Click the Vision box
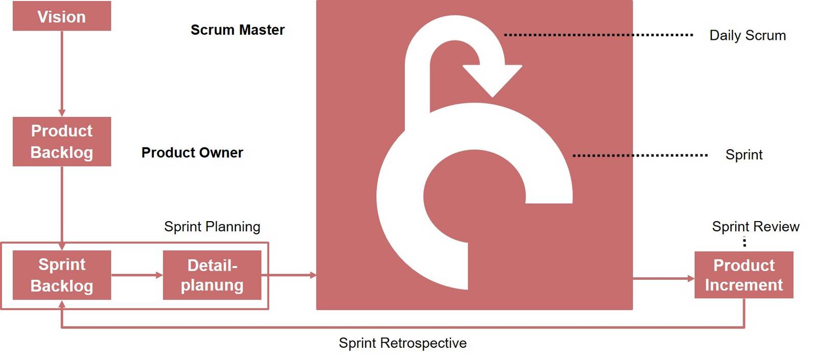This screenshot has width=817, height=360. point(62,16)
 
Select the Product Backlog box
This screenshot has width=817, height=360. point(62,141)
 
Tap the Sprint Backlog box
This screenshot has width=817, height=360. point(62,275)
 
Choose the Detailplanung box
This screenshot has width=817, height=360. point(212,275)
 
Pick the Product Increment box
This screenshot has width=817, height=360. point(743,275)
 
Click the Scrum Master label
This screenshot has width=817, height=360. point(237,30)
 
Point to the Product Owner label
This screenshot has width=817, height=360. point(192,153)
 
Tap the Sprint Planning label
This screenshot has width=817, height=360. point(212,227)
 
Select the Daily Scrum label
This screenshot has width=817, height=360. point(747,36)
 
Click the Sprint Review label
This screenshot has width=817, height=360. point(755,227)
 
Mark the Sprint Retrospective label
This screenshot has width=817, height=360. point(402,343)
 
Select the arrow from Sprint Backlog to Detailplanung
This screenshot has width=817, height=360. point(136,275)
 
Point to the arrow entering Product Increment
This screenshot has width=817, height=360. point(663,279)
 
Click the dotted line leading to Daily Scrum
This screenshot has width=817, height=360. point(598,35)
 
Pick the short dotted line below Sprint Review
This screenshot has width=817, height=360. point(744,242)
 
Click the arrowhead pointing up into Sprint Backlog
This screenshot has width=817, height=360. point(62,304)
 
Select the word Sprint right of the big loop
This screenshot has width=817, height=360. point(743,155)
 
